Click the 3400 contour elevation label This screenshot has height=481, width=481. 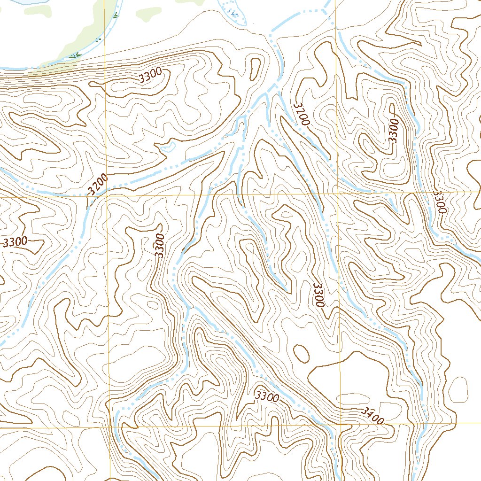[x=373, y=415]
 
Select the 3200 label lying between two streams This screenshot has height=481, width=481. [x=302, y=114]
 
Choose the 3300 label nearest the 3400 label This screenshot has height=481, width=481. [x=267, y=396]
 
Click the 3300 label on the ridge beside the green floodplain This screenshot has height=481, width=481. [x=151, y=76]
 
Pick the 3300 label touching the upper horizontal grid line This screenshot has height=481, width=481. [x=439, y=202]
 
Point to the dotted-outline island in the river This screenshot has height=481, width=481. [x=230, y=8]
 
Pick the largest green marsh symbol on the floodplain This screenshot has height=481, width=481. [x=73, y=55]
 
